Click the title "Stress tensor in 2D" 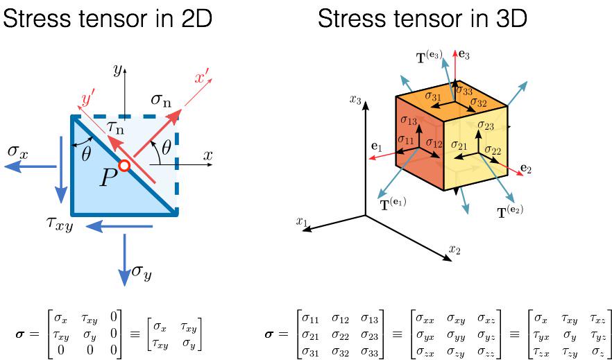(x=108, y=19)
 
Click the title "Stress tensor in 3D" (x=423, y=19)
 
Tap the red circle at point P (x=124, y=166)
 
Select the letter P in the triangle (x=108, y=178)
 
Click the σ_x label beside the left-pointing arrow (x=18, y=151)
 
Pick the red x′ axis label (x=203, y=78)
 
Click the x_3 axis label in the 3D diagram (x=356, y=99)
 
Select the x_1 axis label (x=301, y=221)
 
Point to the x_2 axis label (x=454, y=248)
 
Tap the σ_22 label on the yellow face (x=493, y=150)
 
